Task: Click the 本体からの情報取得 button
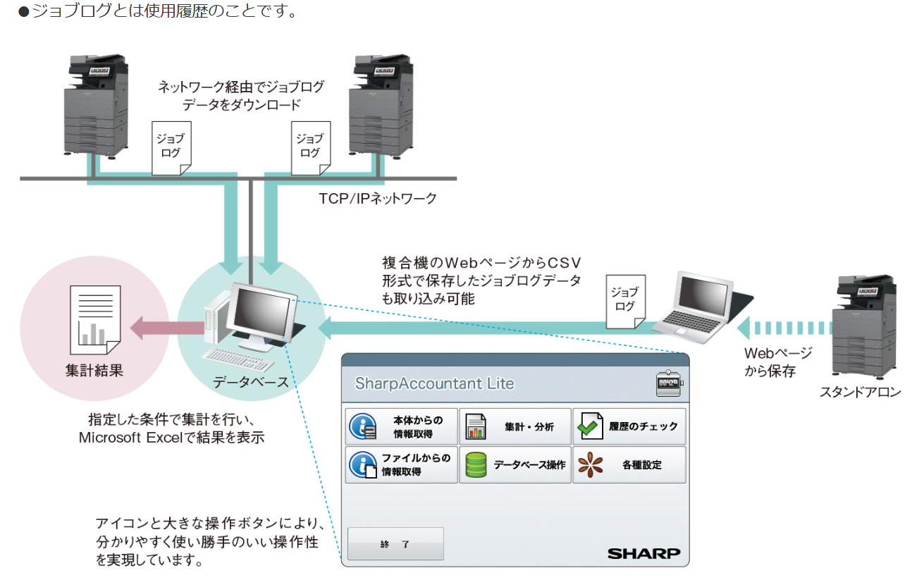pos(401,426)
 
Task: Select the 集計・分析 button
pos(515,426)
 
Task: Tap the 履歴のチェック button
pos(629,426)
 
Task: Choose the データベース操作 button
pos(515,464)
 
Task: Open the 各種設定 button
pos(629,464)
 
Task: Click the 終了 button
pos(395,543)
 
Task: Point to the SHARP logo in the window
pos(644,553)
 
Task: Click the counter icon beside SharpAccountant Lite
pos(669,383)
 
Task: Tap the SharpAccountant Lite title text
pos(434,383)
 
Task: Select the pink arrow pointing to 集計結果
pos(167,328)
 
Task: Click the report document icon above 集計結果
pos(95,320)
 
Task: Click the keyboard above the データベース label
pos(238,359)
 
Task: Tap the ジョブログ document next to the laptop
pos(625,302)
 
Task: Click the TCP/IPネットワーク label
pos(378,199)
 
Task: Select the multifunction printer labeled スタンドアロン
pos(864,326)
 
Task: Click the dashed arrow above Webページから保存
pos(784,328)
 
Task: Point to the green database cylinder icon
pos(476,465)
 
